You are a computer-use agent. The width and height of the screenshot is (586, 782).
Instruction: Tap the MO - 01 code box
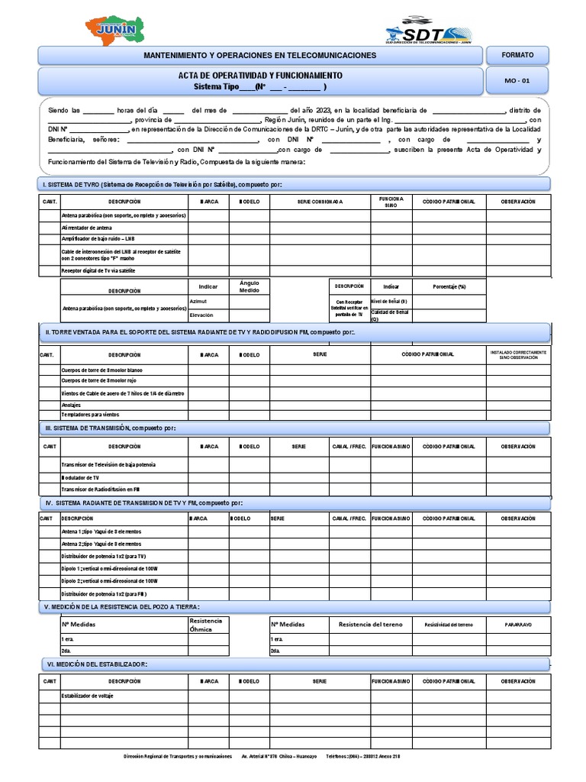520,81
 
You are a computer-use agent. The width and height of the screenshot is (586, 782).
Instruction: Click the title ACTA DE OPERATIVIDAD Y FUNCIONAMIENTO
260,76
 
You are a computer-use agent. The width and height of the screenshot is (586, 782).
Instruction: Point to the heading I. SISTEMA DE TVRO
162,185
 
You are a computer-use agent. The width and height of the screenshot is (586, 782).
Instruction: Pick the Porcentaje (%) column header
449,286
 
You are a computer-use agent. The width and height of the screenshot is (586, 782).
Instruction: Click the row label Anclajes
71,404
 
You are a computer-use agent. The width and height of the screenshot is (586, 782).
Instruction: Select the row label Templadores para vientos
90,414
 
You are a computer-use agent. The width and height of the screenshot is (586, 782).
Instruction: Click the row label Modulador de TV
80,477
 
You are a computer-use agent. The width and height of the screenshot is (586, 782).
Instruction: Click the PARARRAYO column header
518,625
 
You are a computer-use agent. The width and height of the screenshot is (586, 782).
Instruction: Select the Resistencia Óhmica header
208,625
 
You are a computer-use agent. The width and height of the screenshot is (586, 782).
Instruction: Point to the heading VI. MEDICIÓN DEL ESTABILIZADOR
97,664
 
